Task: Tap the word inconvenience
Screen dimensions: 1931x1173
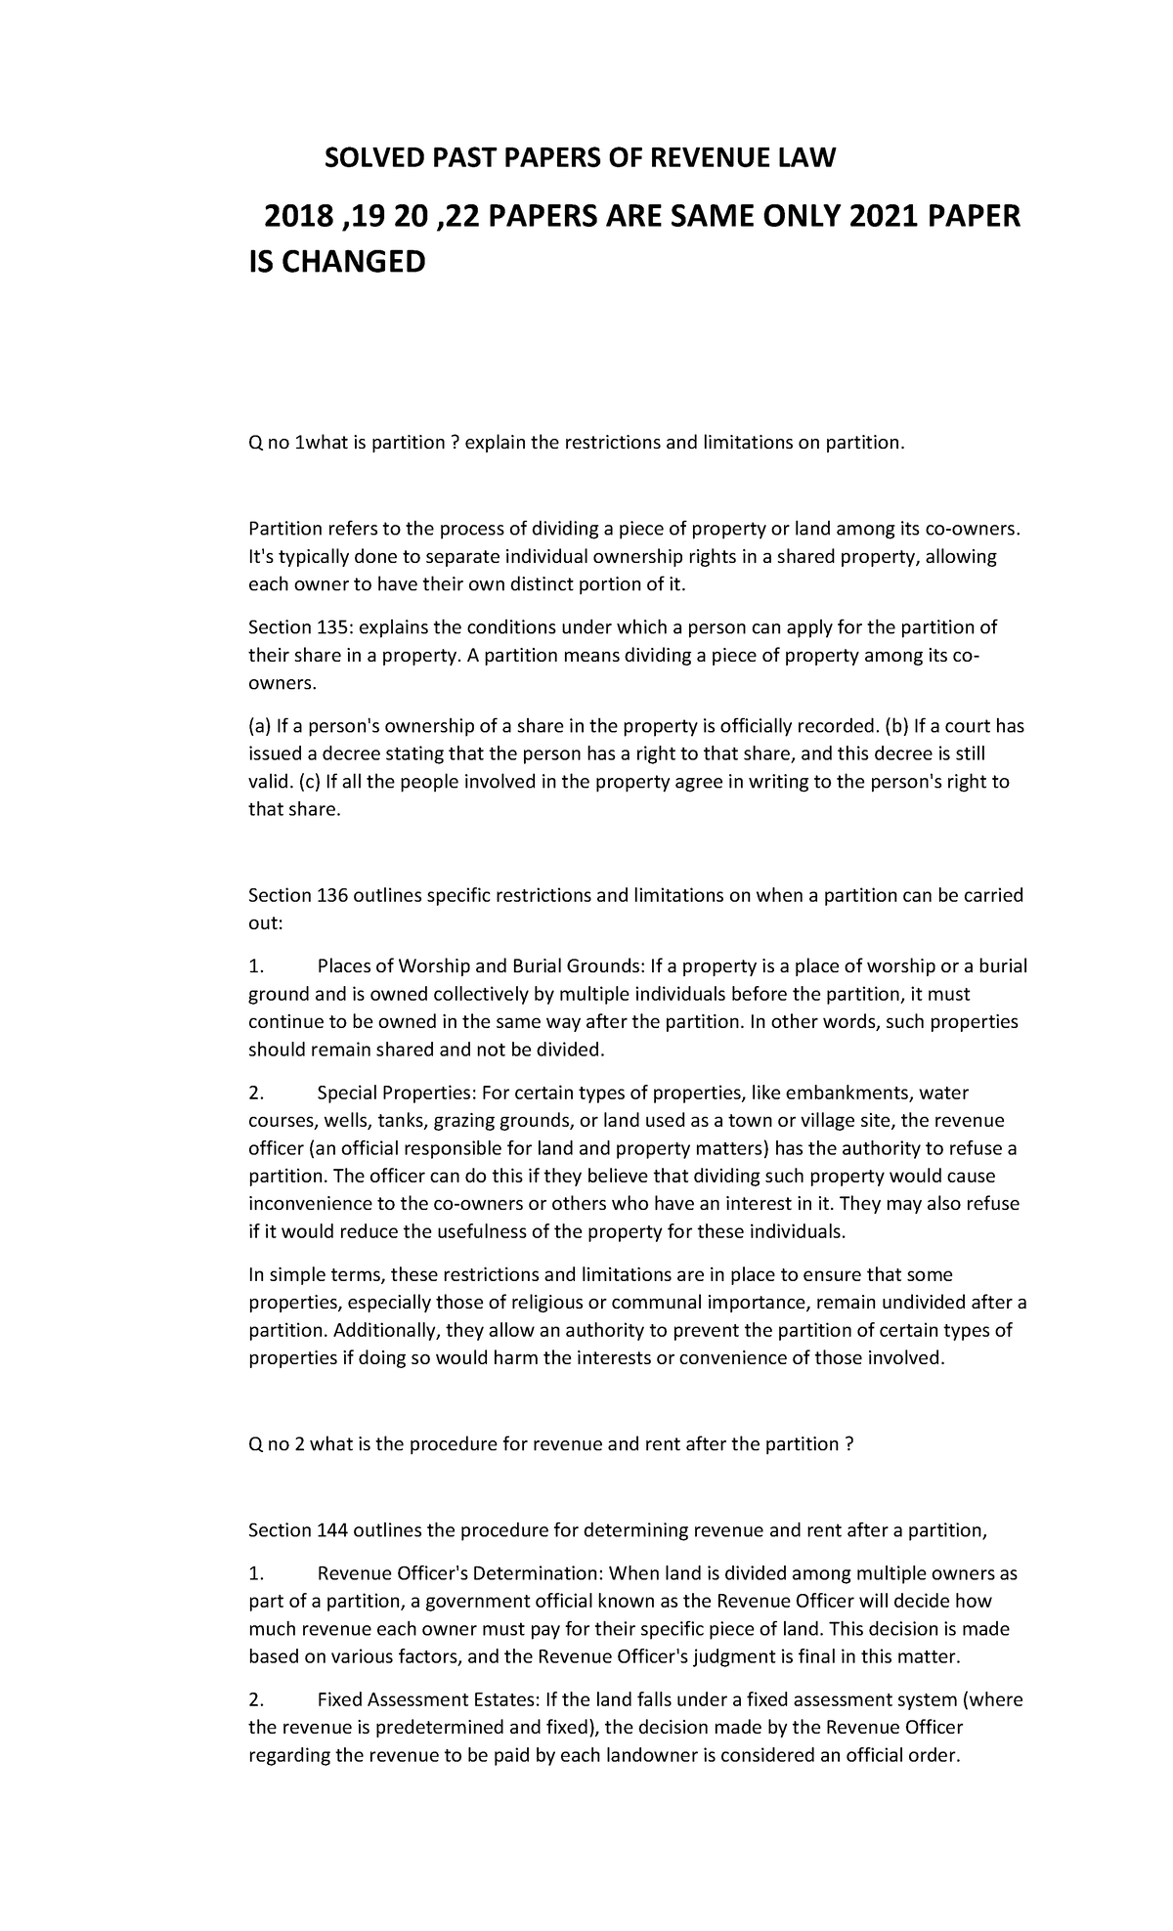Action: pos(311,1203)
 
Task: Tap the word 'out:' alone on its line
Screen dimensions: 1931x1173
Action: pos(264,923)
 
